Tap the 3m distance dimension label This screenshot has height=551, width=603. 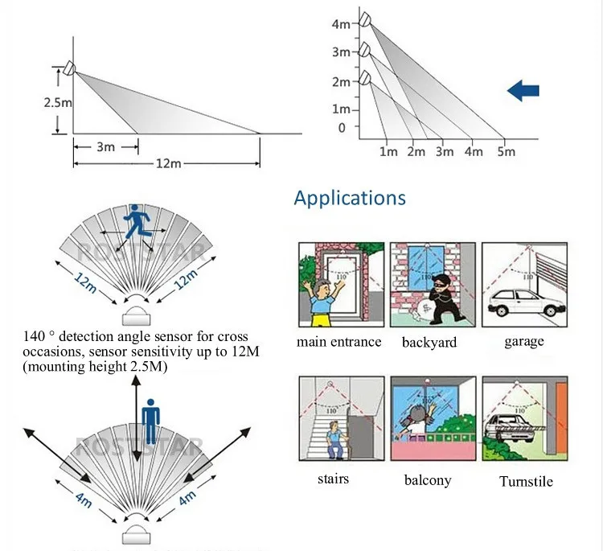tap(105, 147)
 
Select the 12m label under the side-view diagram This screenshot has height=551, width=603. tap(167, 163)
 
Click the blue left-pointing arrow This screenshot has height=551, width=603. tap(523, 91)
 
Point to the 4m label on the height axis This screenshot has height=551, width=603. tap(341, 24)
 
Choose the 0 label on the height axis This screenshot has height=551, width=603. tap(342, 127)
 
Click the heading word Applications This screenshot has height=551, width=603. tap(350, 197)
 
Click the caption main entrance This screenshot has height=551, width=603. tap(338, 342)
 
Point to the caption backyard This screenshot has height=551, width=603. tap(429, 342)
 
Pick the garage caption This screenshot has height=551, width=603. tap(524, 341)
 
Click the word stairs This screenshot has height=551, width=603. tap(332, 479)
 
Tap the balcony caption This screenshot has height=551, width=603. tap(427, 480)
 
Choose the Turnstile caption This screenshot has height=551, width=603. tap(526, 481)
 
